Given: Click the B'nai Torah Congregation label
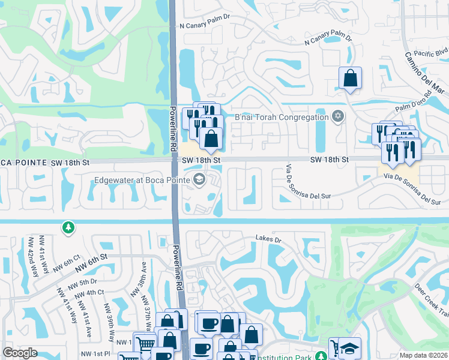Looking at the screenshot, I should click(282, 117).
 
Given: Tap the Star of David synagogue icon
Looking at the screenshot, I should click(337, 116).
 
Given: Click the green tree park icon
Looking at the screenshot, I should click(69, 227).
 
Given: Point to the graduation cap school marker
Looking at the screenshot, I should click(348, 349).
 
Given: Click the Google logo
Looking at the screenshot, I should click(20, 353).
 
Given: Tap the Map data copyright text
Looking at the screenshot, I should click(424, 355).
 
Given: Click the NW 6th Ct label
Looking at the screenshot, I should click(67, 264).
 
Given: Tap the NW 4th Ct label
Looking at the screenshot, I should click(91, 292).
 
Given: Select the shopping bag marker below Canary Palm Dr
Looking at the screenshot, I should click(349, 79).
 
